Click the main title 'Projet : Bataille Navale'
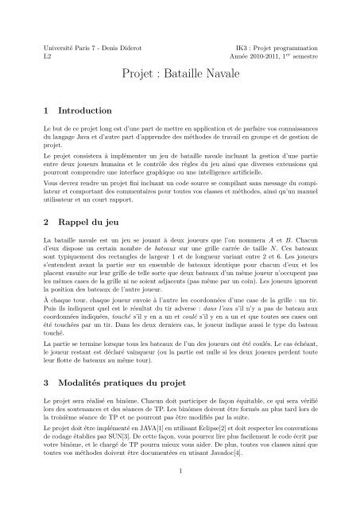tap(180, 75)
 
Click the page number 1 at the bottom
tap(180, 493)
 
